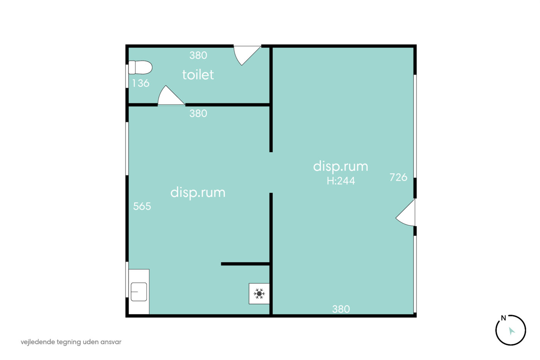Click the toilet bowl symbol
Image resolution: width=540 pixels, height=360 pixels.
click(x=140, y=67)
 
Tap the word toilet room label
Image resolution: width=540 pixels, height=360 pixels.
click(x=198, y=74)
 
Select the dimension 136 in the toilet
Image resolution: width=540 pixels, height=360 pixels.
click(x=141, y=83)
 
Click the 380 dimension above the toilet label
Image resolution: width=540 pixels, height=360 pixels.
click(x=198, y=56)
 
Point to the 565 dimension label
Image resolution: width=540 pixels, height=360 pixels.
click(x=142, y=206)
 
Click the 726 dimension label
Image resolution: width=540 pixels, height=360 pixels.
click(x=398, y=177)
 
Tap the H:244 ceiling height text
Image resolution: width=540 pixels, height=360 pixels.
click(x=341, y=181)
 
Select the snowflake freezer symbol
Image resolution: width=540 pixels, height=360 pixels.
click(x=259, y=294)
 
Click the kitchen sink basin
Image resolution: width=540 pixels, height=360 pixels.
click(x=139, y=292)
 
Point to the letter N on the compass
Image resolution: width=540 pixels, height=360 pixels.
click(x=503, y=318)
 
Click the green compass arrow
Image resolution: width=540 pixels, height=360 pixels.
click(x=511, y=331)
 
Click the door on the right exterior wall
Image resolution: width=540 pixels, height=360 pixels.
click(x=405, y=213)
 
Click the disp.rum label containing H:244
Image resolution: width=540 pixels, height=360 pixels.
click(x=341, y=167)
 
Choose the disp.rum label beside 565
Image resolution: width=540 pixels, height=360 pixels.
click(x=198, y=193)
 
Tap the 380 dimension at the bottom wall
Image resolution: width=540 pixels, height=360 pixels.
click(x=341, y=309)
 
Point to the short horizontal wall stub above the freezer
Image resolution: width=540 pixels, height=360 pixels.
click(x=245, y=264)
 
